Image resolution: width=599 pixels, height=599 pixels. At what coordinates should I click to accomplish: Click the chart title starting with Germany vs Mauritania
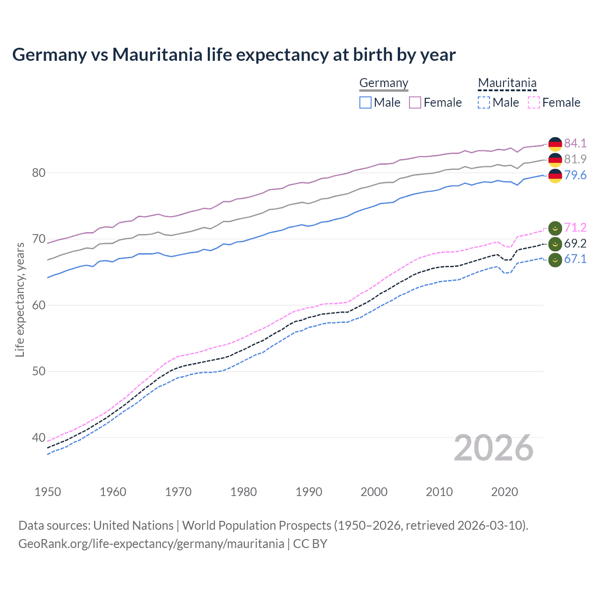point(234,55)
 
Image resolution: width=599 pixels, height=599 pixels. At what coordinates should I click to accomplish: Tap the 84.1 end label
point(575,143)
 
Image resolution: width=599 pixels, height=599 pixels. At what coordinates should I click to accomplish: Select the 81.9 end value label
point(575,159)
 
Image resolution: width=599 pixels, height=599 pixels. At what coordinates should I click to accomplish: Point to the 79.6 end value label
point(575,175)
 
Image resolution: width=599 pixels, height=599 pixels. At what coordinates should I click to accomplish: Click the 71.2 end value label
point(575,227)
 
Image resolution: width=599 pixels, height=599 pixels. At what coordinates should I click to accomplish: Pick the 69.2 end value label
point(575,243)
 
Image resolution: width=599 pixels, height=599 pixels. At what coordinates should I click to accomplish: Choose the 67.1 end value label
point(575,259)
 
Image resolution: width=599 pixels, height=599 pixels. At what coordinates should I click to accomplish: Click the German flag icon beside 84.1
point(555,144)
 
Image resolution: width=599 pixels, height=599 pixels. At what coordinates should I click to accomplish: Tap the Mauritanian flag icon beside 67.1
point(555,260)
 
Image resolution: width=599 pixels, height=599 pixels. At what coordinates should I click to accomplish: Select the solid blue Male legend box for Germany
point(365,102)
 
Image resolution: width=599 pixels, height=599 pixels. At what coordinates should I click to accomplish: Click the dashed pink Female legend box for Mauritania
point(534,102)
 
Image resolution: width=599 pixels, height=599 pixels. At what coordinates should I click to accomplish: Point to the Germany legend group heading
point(384,83)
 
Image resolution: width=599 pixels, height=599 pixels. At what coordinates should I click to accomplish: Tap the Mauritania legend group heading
point(507,83)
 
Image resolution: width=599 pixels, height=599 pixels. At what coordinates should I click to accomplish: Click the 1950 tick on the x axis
point(48,492)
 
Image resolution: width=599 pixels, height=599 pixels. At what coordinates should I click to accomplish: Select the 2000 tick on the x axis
point(374,492)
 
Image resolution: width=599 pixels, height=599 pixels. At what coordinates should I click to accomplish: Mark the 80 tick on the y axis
point(38,173)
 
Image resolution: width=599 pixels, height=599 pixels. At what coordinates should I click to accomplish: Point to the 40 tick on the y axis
point(38,438)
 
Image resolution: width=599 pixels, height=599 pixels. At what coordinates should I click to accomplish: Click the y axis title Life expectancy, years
point(20,299)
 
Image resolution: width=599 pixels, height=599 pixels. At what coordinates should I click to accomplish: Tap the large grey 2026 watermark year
point(493,448)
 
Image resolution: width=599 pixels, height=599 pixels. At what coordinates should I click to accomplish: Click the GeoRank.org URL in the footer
point(151,544)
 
